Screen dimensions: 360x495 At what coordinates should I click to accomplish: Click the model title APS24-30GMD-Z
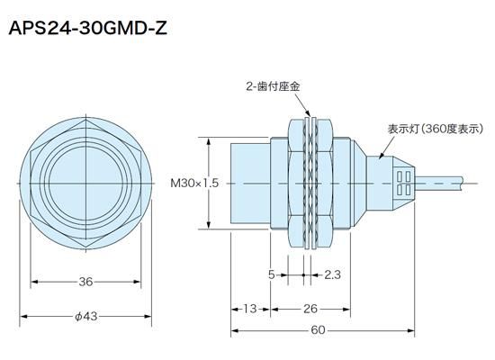pos(87,29)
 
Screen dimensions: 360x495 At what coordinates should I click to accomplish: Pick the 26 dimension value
pos(309,309)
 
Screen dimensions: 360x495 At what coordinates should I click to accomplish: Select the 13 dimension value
pos(250,309)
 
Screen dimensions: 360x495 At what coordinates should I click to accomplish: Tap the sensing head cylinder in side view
pos(250,183)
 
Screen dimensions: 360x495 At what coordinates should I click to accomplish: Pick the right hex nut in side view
pos(331,183)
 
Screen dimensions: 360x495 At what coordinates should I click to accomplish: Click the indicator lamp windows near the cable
pos(402,182)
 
